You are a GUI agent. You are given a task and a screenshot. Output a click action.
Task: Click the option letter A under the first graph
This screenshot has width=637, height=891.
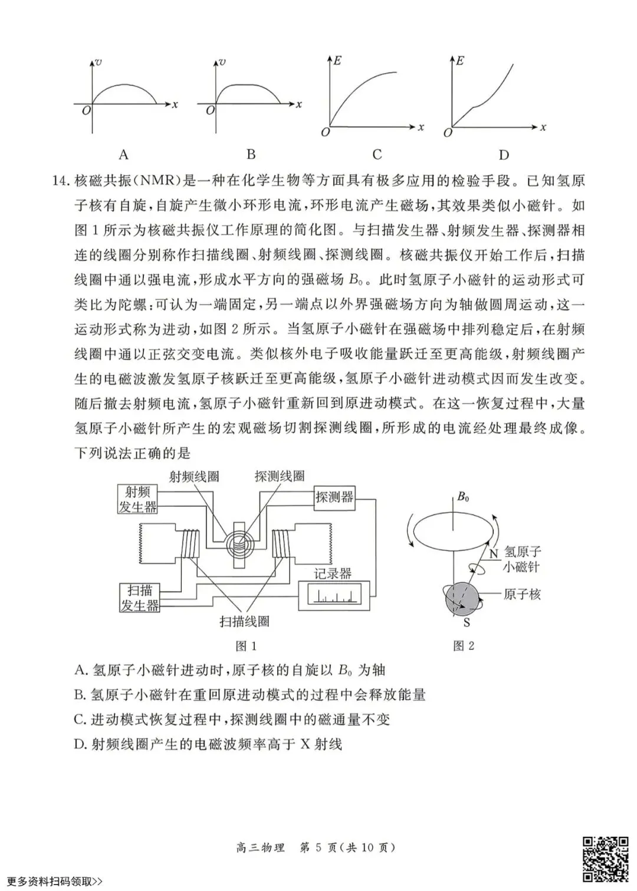(x=123, y=154)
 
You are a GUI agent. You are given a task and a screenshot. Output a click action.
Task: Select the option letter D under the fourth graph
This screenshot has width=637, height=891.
(x=503, y=154)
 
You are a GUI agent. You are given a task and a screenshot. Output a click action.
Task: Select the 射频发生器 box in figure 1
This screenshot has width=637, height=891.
(x=138, y=499)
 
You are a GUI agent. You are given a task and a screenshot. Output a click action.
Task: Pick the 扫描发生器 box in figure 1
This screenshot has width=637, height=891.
(x=139, y=598)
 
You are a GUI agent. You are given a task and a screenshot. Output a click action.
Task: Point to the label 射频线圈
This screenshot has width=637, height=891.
(x=194, y=477)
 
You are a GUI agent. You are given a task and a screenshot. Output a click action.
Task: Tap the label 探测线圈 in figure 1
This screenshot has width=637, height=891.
(x=280, y=477)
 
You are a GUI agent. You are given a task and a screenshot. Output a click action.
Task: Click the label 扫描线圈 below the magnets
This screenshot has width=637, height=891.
(x=244, y=621)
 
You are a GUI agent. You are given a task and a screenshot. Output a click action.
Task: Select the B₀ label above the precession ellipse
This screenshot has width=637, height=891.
(x=463, y=497)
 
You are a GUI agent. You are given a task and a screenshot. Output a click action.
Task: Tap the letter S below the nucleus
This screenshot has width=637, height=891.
(x=467, y=623)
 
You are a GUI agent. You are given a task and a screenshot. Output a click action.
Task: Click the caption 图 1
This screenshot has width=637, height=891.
(x=246, y=646)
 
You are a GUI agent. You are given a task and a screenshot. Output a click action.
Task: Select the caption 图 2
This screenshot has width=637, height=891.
(x=464, y=646)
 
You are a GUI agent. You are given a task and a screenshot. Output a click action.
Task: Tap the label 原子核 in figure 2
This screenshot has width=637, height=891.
(x=522, y=595)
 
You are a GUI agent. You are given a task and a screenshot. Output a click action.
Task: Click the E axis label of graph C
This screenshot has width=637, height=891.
(x=338, y=60)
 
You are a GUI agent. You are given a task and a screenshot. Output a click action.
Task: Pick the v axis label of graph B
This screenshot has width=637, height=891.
(x=222, y=62)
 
